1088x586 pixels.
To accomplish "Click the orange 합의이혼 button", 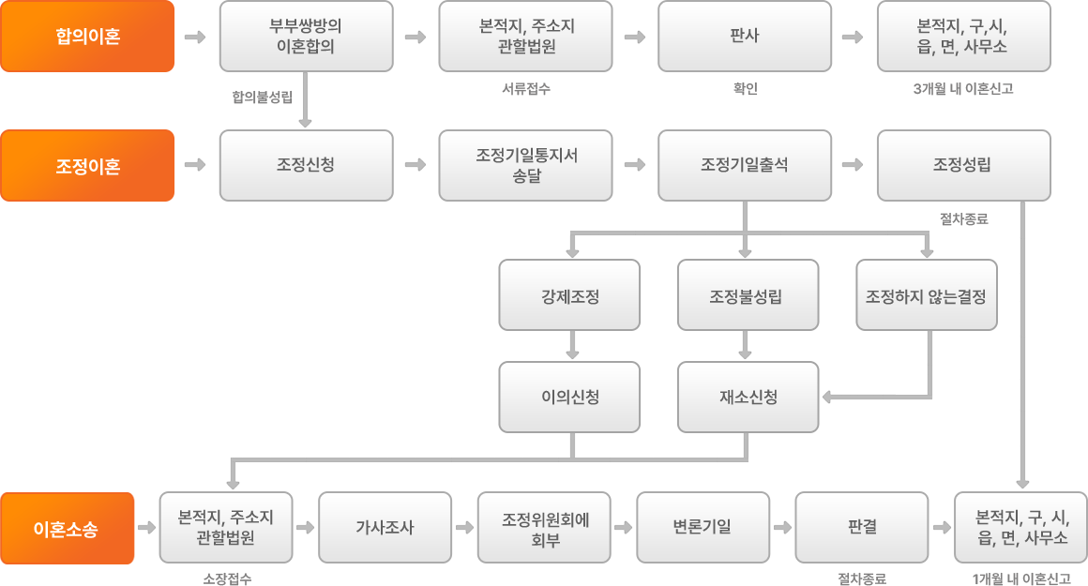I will [x=88, y=37].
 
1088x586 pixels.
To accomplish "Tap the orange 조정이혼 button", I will [x=88, y=165].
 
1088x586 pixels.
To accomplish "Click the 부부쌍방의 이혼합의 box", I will [x=306, y=37].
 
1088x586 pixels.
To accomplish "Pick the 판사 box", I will [x=745, y=37].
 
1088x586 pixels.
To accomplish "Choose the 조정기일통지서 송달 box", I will [x=525, y=165].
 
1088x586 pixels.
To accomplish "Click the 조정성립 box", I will [x=963, y=165].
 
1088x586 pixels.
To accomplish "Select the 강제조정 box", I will [x=569, y=296].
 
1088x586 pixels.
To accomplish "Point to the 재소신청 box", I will [x=748, y=397].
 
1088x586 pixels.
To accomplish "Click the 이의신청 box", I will [x=569, y=397].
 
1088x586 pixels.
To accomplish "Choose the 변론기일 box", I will [x=703, y=528].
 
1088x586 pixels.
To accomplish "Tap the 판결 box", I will [x=862, y=528].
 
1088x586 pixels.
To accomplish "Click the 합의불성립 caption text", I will [x=263, y=96].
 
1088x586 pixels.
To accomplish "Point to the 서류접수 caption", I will [x=525, y=90].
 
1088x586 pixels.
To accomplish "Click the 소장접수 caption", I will [x=227, y=578].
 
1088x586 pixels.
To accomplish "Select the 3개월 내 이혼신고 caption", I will [x=963, y=90].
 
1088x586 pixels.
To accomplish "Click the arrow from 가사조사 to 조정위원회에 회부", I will [x=464, y=528].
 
